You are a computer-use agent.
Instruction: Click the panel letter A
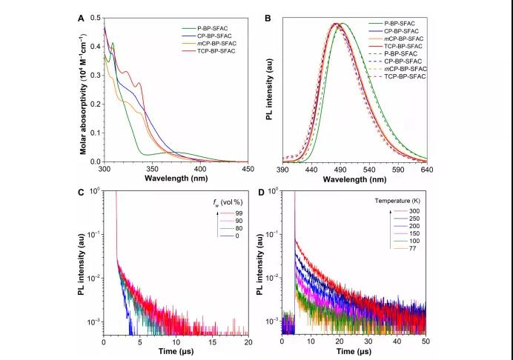[x=82, y=17]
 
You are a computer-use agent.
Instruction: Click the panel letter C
[x=82, y=193]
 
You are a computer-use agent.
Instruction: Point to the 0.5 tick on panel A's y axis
[x=96, y=17]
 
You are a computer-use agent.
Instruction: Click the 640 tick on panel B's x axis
[x=426, y=170]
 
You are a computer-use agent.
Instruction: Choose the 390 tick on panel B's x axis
[x=282, y=170]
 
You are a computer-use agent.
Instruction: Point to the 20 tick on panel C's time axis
[x=248, y=342]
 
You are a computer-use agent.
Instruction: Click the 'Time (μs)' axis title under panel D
[x=354, y=353]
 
